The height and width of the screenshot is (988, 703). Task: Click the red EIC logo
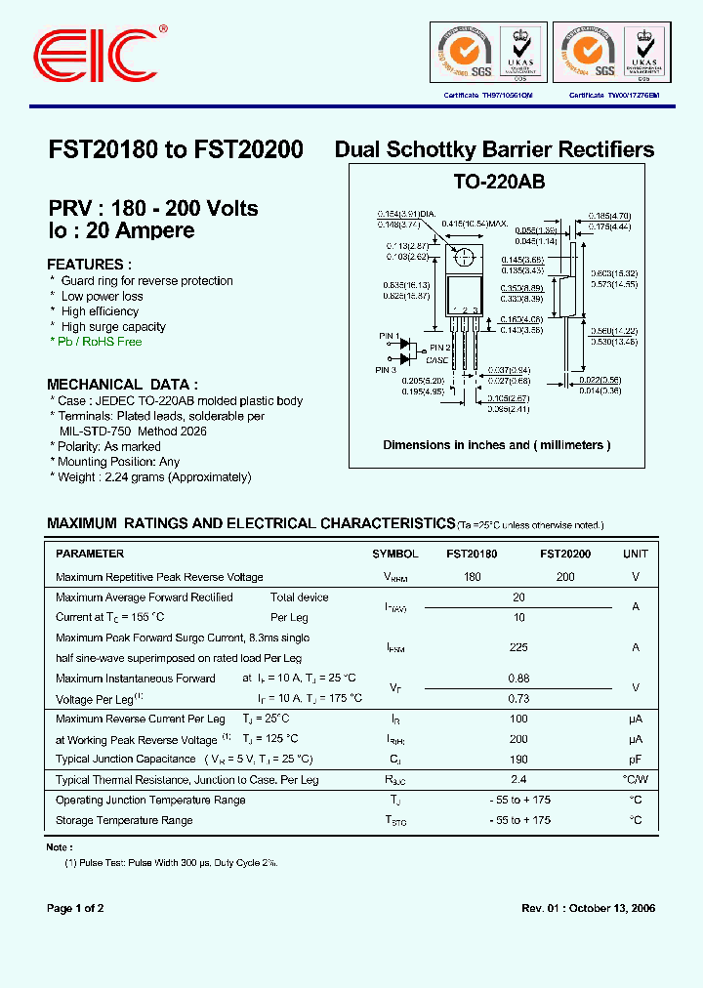[95, 51]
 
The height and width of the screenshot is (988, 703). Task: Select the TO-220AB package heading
[499, 183]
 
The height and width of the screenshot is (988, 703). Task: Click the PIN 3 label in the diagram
[388, 370]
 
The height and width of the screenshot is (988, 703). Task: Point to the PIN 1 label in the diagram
[388, 336]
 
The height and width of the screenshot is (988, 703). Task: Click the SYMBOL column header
[395, 554]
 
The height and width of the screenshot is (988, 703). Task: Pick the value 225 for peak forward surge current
[518, 647]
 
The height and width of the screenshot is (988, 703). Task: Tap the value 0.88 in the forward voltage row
[518, 679]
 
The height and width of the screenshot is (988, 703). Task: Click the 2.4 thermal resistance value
[518, 780]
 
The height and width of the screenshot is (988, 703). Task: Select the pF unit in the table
[635, 759]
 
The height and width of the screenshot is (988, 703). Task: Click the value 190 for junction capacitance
[518, 759]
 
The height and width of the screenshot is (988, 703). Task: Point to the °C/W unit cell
[635, 780]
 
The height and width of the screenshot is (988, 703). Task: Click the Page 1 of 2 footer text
[75, 908]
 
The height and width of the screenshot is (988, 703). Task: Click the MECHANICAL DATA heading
[123, 385]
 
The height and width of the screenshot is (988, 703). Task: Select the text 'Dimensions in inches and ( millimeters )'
[496, 445]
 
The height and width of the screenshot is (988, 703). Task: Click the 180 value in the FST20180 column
[473, 577]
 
